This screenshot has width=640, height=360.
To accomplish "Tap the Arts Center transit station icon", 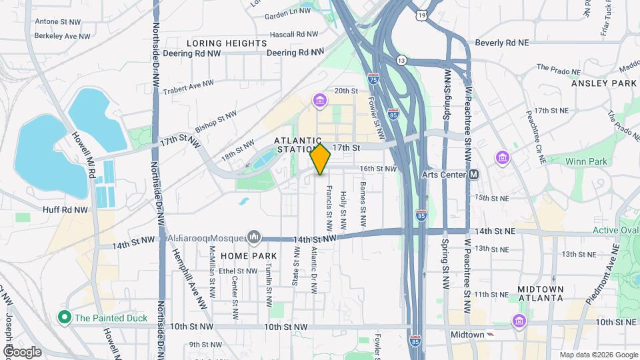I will coord(474,175).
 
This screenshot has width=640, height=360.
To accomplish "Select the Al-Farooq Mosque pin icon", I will coord(253,237).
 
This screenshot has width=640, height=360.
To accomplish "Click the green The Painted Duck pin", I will coord(65,317).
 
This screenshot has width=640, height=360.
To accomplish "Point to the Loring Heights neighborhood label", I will coord(227,43).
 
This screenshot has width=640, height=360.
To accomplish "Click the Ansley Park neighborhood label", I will coord(604,83).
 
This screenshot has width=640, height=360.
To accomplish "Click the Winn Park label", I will coord(586,161).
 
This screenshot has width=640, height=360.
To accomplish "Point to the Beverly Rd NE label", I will coord(501,43).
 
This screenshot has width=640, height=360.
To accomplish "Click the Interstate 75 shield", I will coord(373,79).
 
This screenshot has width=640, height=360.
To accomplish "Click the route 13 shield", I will coord(401,60).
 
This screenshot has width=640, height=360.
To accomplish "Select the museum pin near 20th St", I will coord(320,101).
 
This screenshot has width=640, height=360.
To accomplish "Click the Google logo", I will coord(23,351).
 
